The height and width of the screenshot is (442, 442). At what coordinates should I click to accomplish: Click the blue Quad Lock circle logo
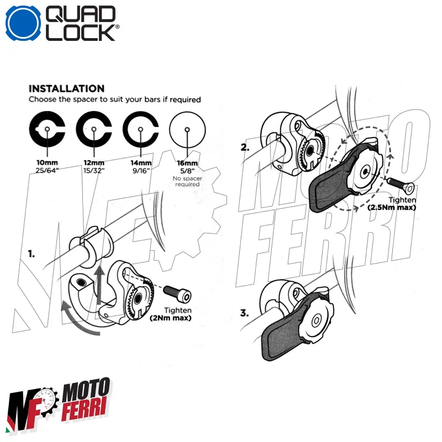point(23,23)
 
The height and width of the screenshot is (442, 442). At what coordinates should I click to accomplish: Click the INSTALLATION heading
point(66,88)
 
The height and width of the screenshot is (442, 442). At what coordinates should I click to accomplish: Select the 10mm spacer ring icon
point(48,130)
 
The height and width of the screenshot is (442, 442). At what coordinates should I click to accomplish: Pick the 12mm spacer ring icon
point(94,130)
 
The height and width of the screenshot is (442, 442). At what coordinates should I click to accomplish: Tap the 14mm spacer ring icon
point(141,130)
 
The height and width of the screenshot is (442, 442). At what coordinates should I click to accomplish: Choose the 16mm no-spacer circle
point(188,130)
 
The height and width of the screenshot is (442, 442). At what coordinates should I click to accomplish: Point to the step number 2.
point(245,148)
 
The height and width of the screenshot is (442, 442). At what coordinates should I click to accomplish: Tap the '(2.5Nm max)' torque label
point(392,207)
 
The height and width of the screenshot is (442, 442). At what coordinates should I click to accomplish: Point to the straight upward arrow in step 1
point(99,282)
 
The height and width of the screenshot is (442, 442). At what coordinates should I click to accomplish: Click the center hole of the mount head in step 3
point(316,321)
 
